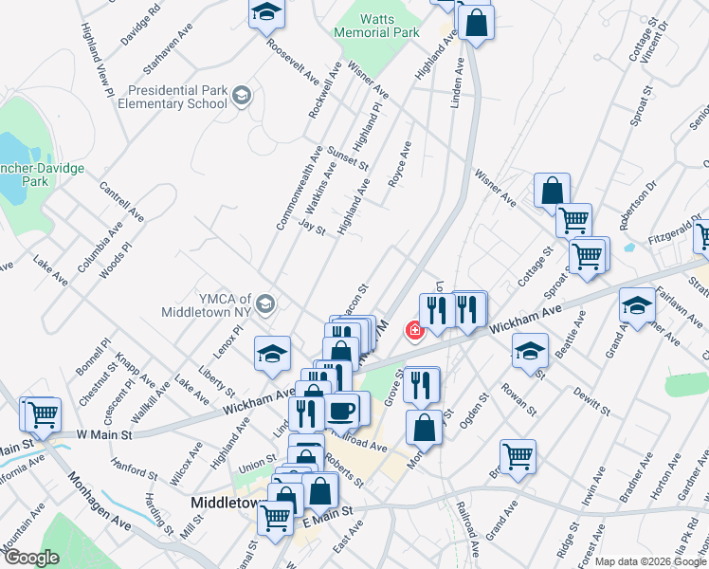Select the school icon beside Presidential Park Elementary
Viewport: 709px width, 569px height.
click(242, 94)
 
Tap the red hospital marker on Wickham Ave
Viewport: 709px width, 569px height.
click(414, 330)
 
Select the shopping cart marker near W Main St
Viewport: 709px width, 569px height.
click(40, 414)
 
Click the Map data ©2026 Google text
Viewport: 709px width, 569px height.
click(650, 561)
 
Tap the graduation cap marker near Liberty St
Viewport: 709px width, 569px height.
click(271, 355)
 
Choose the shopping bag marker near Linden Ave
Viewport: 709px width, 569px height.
click(477, 22)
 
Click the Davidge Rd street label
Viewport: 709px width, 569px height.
click(141, 24)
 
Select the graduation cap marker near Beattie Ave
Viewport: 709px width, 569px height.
click(530, 351)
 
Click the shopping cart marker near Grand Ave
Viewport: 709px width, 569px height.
click(518, 457)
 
